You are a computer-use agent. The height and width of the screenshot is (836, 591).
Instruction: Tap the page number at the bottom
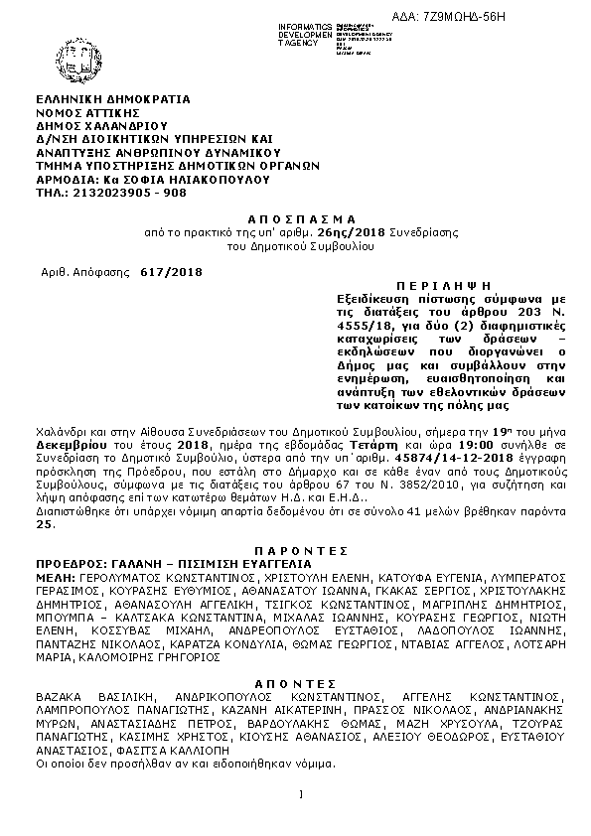[x=299, y=793]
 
